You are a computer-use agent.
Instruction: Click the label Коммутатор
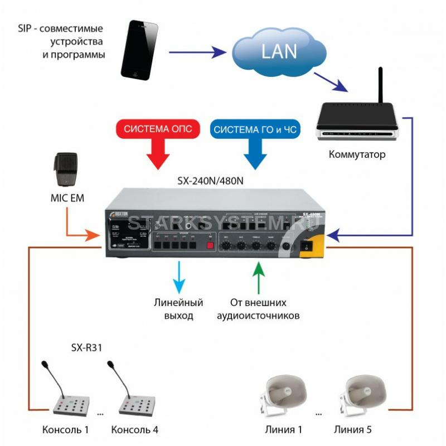tap(357, 154)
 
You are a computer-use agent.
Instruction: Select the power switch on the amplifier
tap(306, 244)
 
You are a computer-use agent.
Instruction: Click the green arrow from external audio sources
tap(257, 277)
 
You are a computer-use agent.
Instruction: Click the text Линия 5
tap(353, 430)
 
